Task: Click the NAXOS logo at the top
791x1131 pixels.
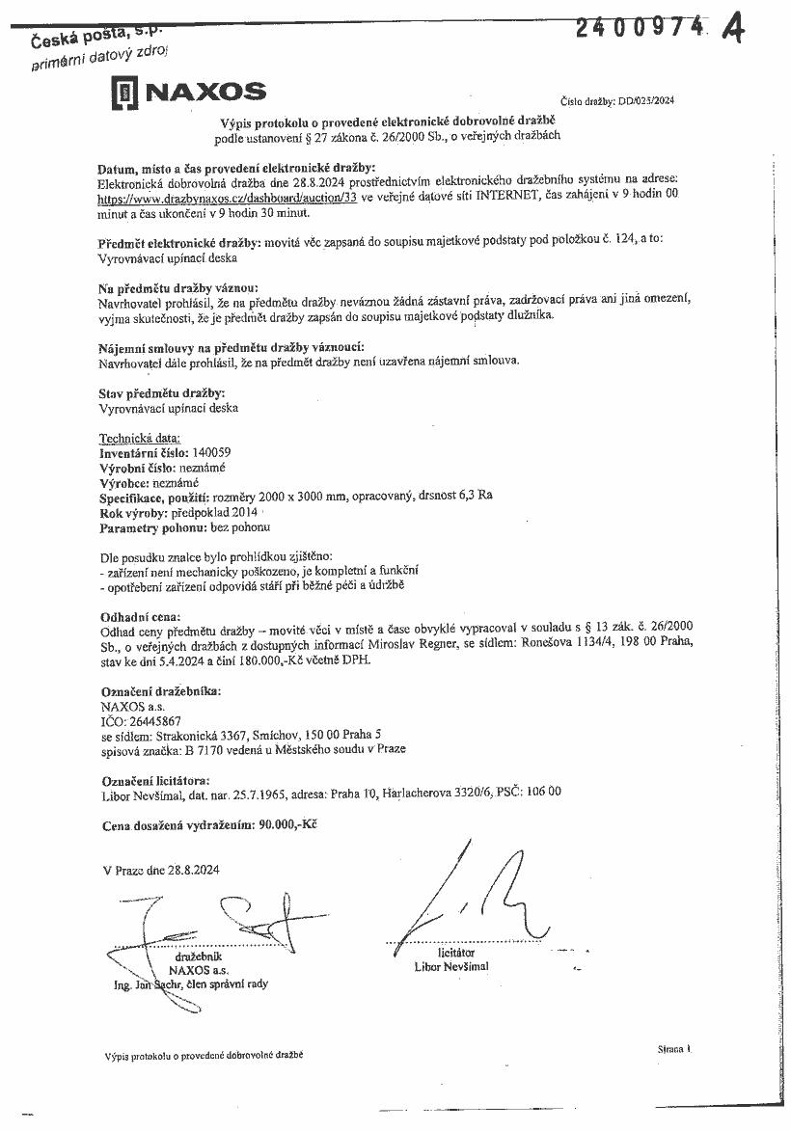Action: (189, 93)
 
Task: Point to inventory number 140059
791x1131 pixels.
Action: (212, 451)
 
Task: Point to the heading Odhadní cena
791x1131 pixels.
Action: (140, 616)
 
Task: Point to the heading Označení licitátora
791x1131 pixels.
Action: (155, 780)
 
